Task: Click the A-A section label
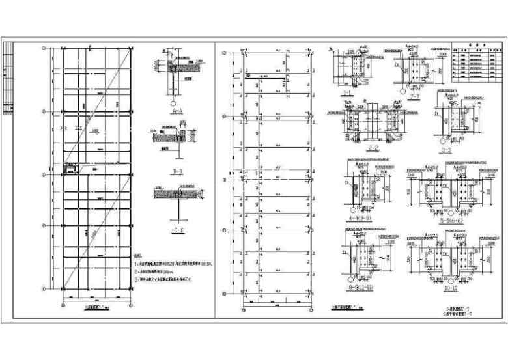click(174, 111)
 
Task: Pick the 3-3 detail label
click(445, 148)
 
